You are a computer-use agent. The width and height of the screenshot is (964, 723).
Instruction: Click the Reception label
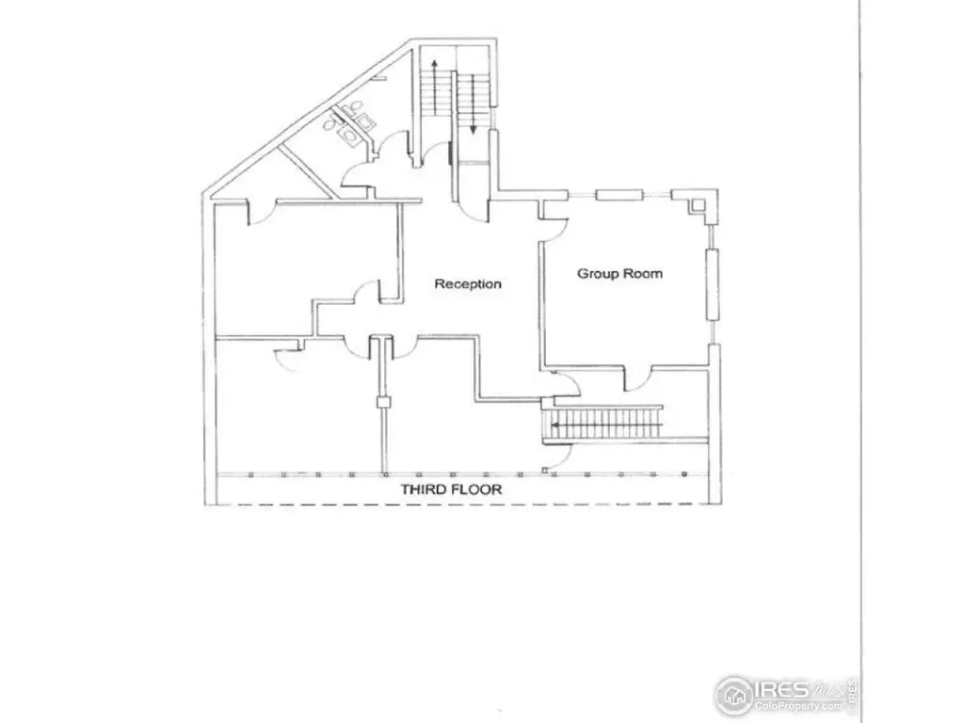coord(467,283)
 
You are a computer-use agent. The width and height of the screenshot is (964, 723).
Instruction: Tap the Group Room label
coord(619,274)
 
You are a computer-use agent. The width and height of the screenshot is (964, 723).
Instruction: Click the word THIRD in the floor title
coord(424,490)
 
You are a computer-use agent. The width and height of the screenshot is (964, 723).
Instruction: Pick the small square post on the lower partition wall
coord(383,403)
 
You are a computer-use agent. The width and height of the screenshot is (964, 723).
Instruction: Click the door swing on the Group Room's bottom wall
coord(636,378)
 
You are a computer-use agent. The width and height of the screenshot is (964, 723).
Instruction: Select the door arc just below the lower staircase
coord(556,457)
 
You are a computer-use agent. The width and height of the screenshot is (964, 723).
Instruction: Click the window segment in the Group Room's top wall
coord(618,196)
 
